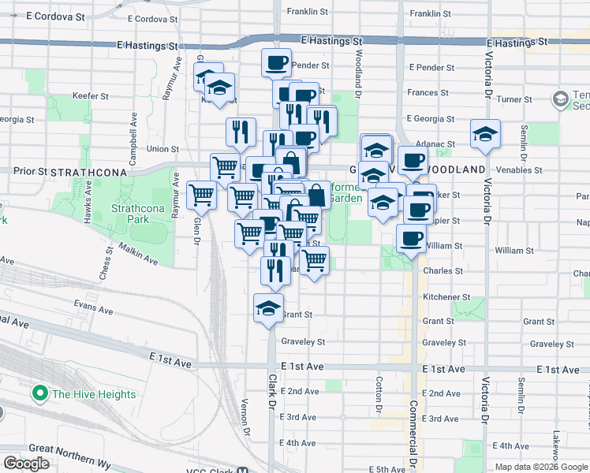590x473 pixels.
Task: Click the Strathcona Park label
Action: coord(131,213)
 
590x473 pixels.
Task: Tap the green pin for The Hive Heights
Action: coord(38,393)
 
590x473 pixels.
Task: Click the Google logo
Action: coord(26,464)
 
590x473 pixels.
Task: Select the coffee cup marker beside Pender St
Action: coord(276,62)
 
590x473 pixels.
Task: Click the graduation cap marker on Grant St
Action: coord(268,307)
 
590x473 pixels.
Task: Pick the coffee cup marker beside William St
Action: coord(409,238)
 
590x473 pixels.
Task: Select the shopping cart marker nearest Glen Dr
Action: coord(202,195)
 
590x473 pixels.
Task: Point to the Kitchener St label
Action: coord(446,297)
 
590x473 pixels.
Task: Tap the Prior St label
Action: coord(31,170)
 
